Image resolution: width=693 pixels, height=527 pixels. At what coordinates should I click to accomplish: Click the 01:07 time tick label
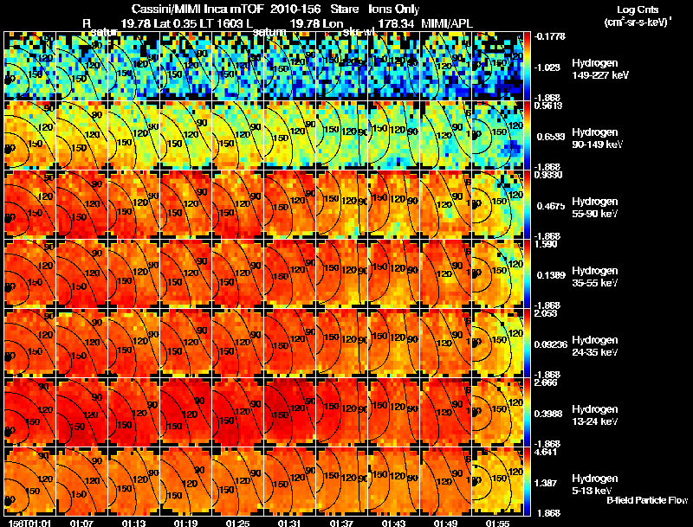pos(82,522)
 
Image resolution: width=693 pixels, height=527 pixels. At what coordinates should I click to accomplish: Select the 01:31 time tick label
pos(290,522)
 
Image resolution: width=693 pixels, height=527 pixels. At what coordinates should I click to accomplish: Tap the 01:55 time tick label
pos(498,522)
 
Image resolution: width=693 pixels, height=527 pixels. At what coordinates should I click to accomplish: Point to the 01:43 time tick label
pos(394,522)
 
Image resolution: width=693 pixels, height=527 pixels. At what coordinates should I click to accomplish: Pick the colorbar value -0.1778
pos(550,36)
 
